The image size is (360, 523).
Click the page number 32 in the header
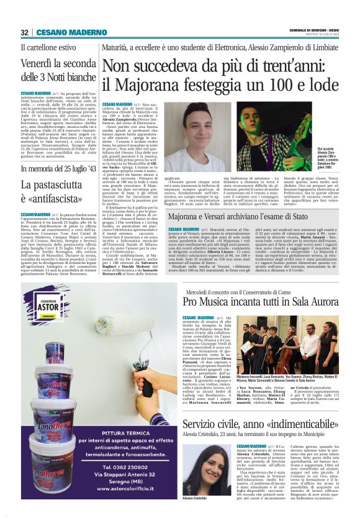pyautogui.click(x=25, y=32)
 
